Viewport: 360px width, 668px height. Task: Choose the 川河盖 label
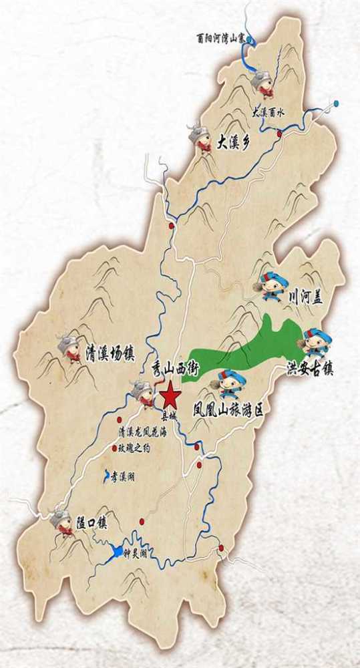(305, 300)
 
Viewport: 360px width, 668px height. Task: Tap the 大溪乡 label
(232, 143)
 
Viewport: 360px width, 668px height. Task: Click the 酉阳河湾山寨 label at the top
(223, 39)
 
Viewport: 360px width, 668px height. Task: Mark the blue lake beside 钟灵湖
(117, 552)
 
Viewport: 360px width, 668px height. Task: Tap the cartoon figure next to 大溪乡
(200, 137)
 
